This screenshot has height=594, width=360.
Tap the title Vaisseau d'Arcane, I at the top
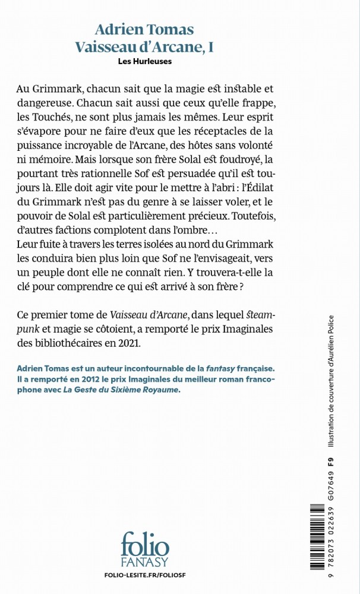145,47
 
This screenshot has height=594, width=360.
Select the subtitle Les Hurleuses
145,61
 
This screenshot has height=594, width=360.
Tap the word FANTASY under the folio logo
145,562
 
